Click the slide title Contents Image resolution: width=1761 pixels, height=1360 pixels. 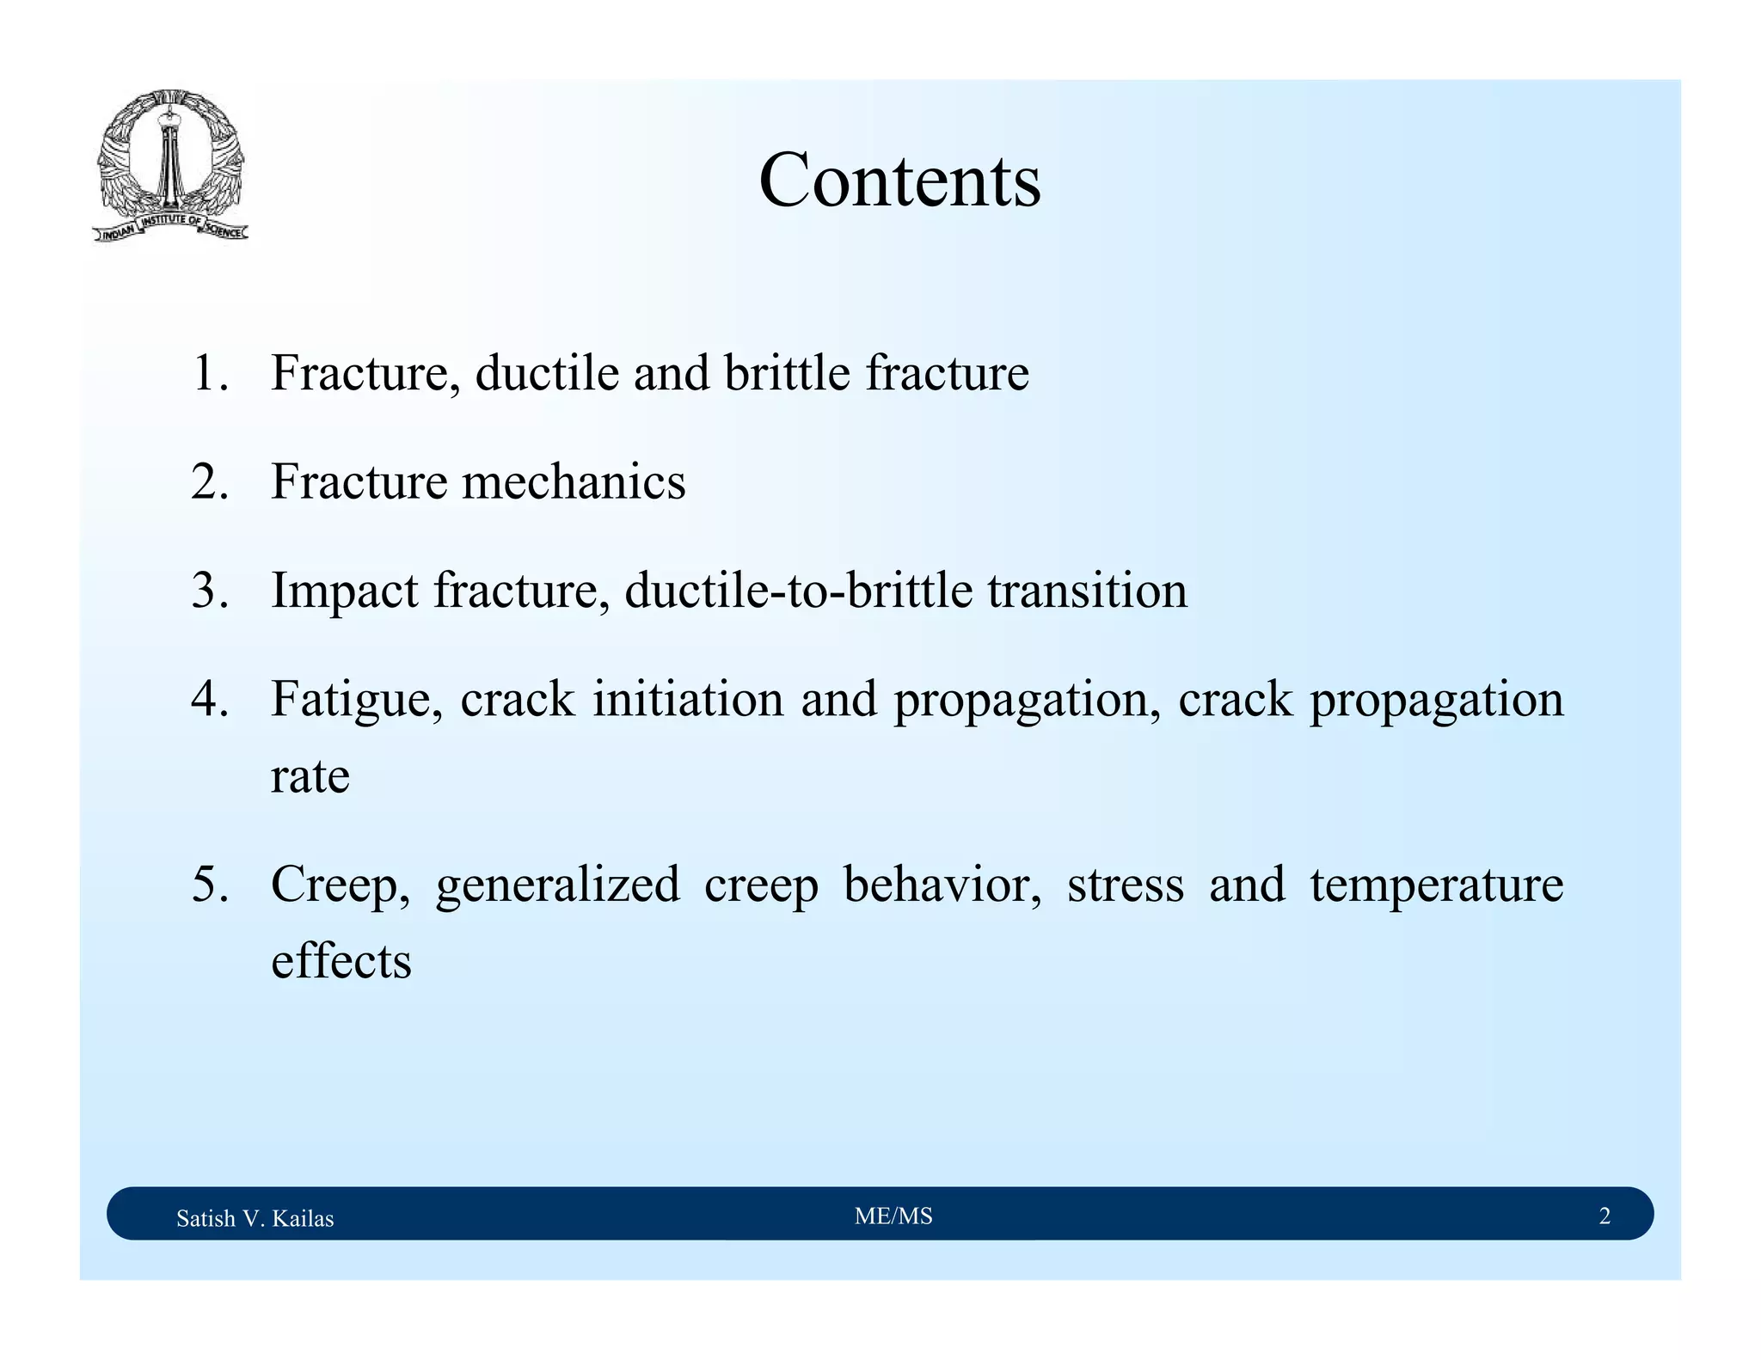pos(899,181)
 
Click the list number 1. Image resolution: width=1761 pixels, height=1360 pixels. pos(210,373)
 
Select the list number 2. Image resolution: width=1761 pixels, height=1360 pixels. pos(210,481)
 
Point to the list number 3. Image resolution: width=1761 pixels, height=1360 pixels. pos(210,591)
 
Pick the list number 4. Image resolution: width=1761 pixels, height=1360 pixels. pos(210,698)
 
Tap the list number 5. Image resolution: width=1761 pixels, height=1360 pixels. pos(210,884)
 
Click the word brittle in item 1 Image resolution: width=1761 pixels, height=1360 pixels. pos(786,373)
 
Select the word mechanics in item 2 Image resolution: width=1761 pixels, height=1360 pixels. pos(574,481)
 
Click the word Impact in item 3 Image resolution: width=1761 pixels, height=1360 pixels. pos(345,591)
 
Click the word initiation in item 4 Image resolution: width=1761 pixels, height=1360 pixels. pos(688,698)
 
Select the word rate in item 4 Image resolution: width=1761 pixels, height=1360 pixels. pos(310,776)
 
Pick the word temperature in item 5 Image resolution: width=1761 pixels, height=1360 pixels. pos(1436,885)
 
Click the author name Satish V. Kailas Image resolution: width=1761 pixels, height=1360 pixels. pos(255,1218)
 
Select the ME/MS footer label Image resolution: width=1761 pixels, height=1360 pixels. pos(893,1216)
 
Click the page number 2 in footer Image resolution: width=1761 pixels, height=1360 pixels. pos(1604,1216)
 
